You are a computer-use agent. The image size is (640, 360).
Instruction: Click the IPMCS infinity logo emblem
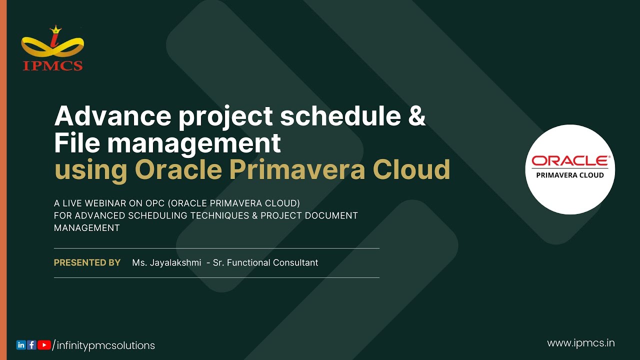pos(52,42)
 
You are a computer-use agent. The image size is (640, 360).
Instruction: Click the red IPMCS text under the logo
pos(52,65)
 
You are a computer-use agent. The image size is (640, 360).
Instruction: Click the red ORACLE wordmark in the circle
pos(570,161)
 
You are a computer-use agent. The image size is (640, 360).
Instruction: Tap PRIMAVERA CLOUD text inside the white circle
pos(570,175)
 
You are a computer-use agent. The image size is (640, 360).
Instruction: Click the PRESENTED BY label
pos(87,262)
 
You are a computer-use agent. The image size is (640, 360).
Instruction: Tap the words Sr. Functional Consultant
pos(265,262)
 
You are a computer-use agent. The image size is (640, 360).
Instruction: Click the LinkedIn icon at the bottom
pos(21,345)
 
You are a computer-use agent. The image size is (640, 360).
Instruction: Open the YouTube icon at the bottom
pos(44,345)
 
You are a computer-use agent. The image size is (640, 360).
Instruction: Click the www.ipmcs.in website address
pos(580,343)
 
